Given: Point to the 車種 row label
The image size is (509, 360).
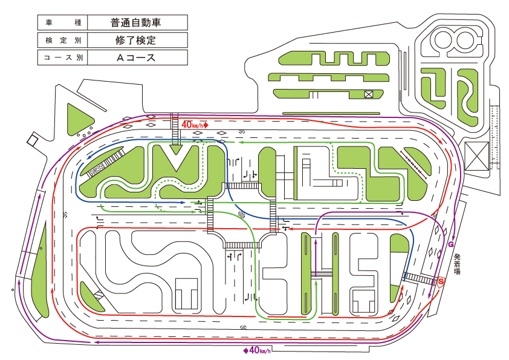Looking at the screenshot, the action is coord(63,22).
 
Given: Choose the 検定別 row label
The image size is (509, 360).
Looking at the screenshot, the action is coord(63,40).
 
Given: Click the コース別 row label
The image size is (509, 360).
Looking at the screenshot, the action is coord(63,57).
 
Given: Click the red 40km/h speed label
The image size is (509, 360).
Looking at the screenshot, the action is coord(195,125).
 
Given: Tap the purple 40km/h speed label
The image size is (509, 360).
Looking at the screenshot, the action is coord(257,350).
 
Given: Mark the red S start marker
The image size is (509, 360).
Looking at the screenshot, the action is coord(441,281).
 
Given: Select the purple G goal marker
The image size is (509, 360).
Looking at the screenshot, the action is coord(451,244).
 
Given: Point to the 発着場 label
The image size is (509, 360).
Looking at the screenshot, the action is coord(458,264).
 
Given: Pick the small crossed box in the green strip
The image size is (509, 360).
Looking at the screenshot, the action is coord(368,94).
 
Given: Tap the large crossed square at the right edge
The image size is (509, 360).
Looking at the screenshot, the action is coord(476,156).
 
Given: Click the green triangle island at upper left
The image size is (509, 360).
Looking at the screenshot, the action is coord(79,120).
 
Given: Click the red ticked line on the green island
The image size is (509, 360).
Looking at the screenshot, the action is coord(414,165).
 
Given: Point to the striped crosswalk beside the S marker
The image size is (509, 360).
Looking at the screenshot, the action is coord(419,278).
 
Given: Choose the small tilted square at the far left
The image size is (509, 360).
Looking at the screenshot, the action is coord(33,140).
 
